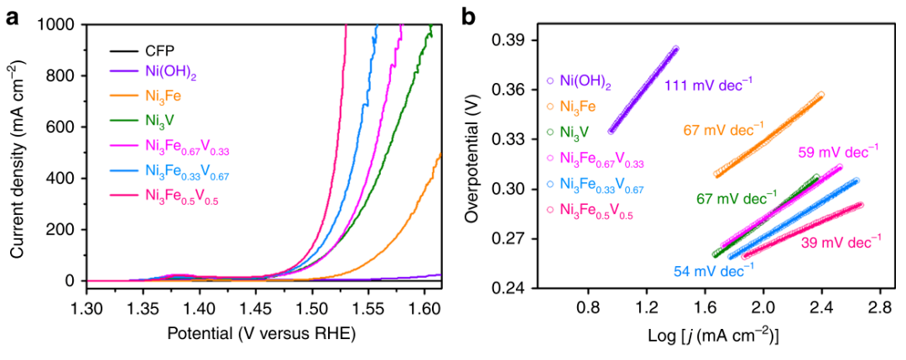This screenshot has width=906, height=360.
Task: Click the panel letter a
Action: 13,15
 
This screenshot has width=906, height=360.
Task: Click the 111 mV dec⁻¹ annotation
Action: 708,84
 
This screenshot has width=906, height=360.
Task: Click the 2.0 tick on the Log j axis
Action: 763,308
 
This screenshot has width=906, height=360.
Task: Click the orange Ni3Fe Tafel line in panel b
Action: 768,134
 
